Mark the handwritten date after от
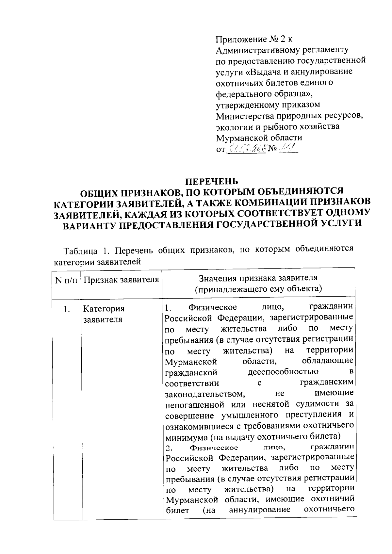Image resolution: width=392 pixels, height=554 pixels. pos(247,149)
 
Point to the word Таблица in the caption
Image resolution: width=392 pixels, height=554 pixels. pos(80,251)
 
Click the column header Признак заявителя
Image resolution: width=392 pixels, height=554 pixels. pos(121,280)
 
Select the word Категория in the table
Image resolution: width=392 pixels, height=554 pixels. pos(104,309)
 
